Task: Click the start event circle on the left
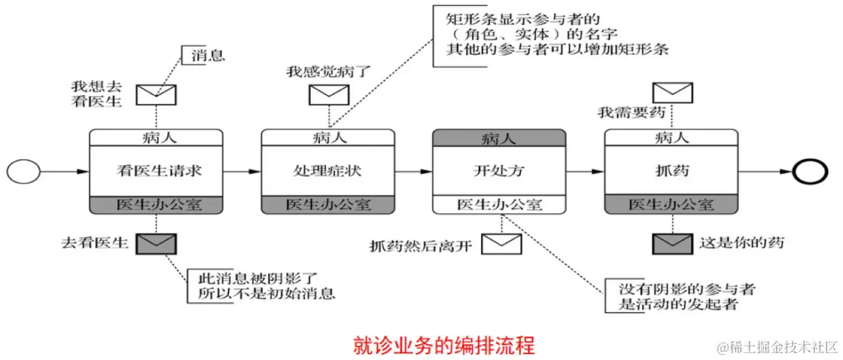[23, 171]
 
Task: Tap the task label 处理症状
[328, 171]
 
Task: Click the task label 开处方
[499, 171]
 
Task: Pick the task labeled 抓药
[671, 171]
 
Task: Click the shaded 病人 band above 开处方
[499, 139]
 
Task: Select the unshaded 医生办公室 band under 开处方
[499, 205]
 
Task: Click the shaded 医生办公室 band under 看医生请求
[157, 205]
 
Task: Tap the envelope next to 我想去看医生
[156, 94]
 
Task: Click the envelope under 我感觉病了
[328, 94]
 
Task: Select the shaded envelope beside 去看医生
[156, 244]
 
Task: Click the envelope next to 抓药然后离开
[502, 244]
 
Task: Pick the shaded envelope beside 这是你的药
[672, 244]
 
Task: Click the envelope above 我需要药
[673, 93]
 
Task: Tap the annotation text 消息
[208, 56]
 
